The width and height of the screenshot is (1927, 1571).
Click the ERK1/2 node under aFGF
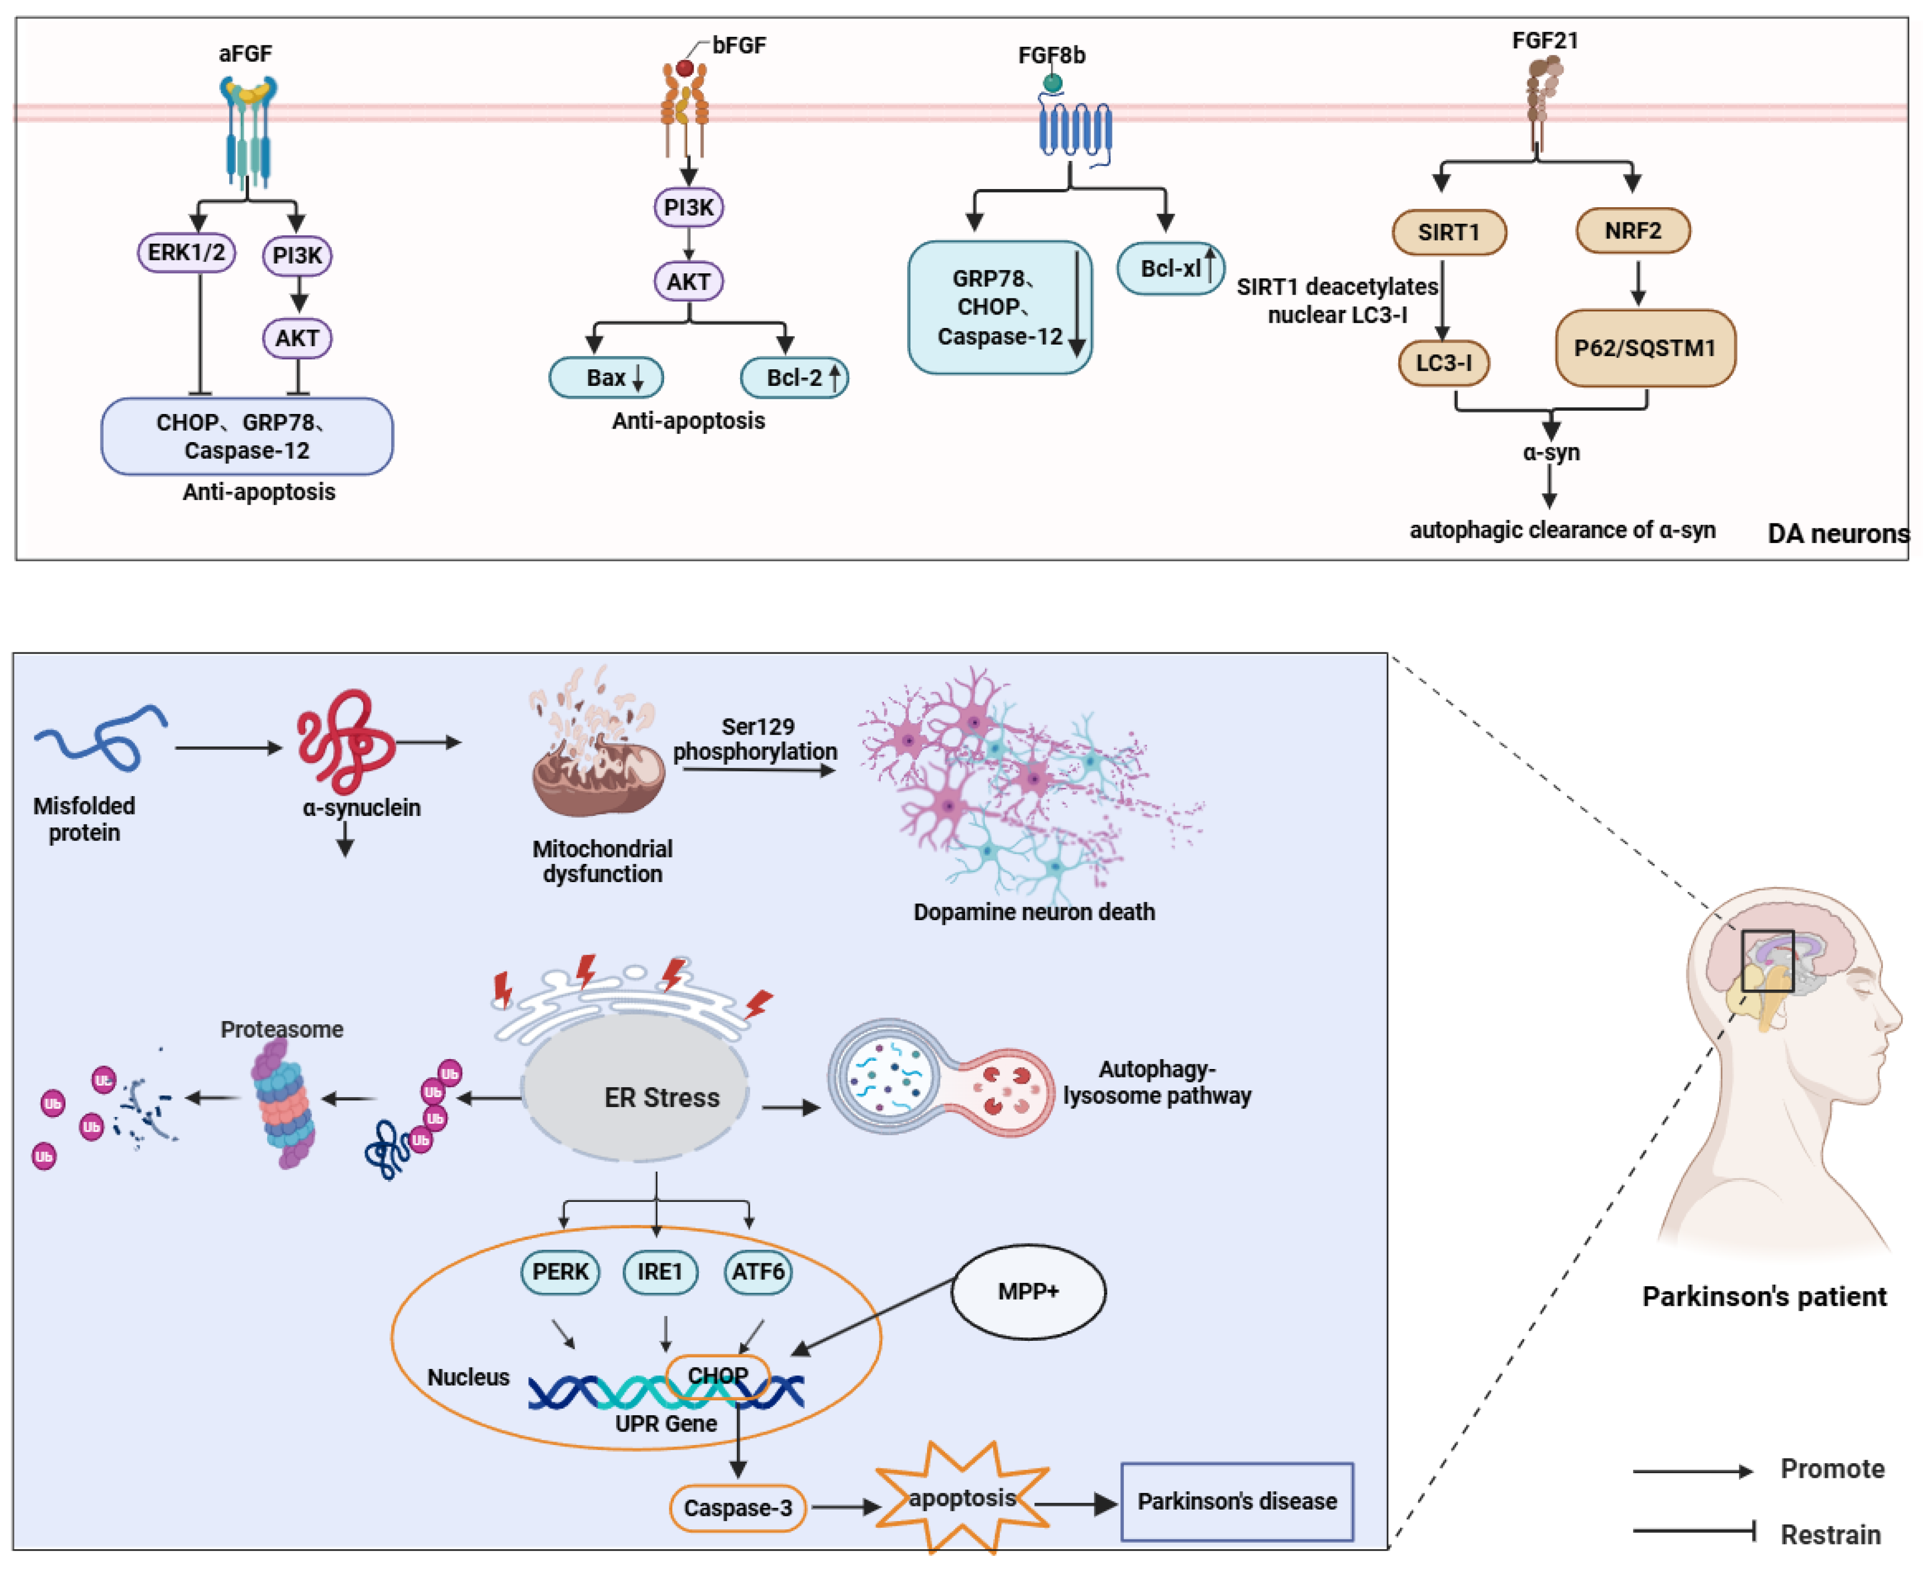tap(186, 253)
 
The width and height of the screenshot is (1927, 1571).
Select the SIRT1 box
tap(1448, 233)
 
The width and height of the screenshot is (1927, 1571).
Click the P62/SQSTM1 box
tap(1645, 348)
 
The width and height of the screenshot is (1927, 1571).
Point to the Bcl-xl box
tap(1170, 269)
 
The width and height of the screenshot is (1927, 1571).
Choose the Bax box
tap(606, 378)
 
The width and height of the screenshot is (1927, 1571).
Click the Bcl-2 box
tap(794, 378)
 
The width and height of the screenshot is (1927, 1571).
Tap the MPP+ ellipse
tap(1028, 1291)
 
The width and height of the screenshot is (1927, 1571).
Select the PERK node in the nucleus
tap(560, 1272)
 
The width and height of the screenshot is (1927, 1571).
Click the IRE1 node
tap(660, 1272)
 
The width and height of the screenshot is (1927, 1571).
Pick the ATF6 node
tap(758, 1272)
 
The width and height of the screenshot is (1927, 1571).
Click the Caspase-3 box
tap(737, 1507)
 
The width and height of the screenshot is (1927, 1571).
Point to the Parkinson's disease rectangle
tap(1236, 1501)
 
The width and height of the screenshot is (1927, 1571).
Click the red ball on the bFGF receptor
tap(685, 68)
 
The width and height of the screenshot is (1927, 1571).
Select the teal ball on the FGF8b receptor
tap(1052, 83)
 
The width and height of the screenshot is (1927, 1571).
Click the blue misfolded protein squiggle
tap(99, 737)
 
